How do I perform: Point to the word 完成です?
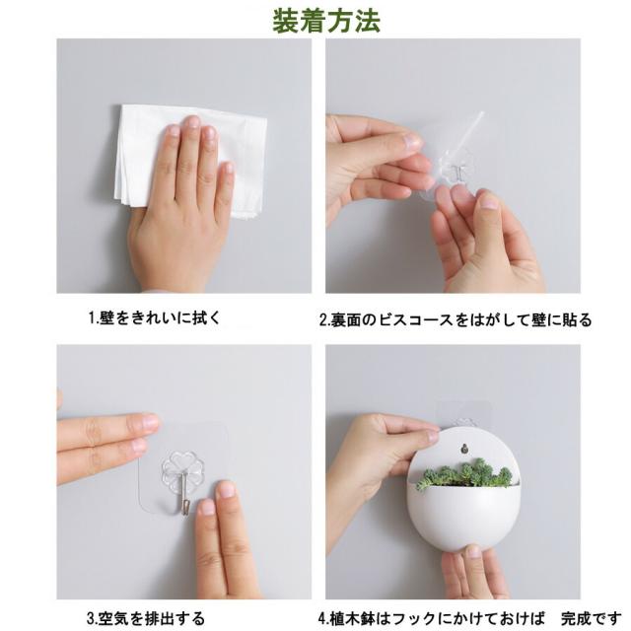tap(593, 618)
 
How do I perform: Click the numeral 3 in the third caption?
tap(89, 618)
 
